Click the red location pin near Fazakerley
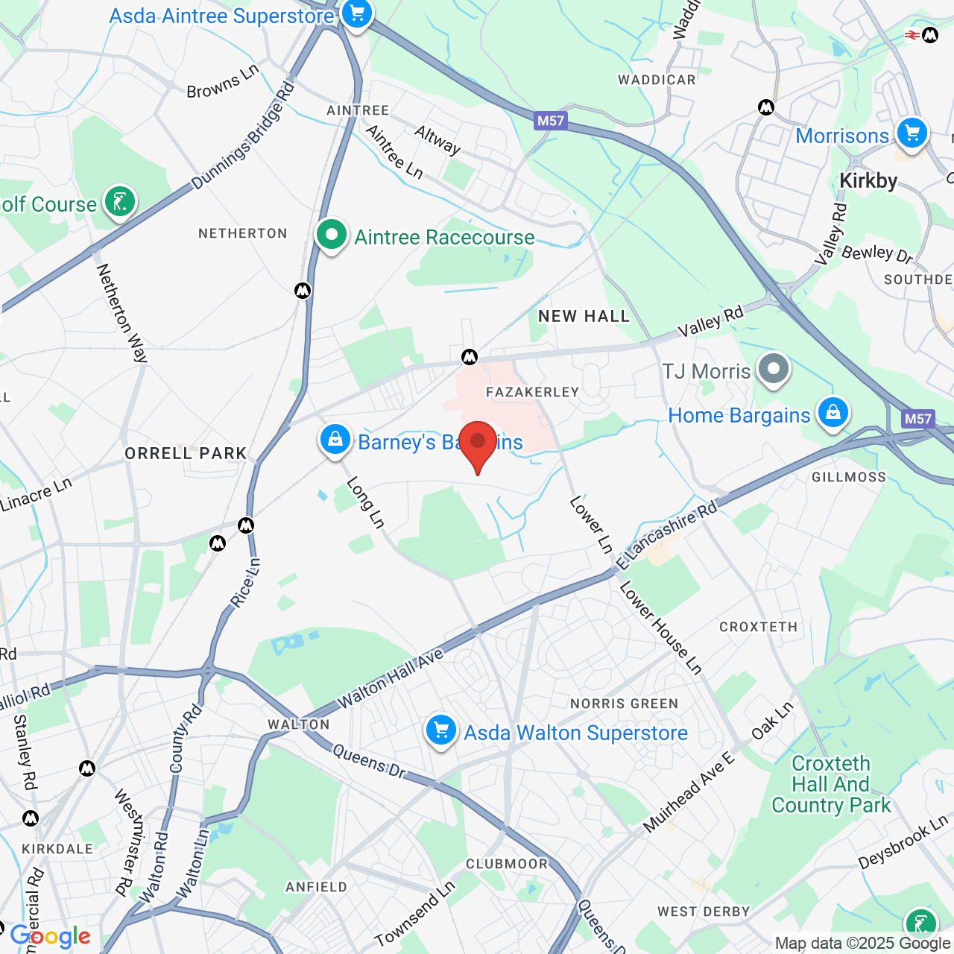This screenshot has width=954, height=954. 478,443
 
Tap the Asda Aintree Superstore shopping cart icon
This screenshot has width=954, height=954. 357,13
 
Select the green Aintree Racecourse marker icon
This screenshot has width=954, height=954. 332,236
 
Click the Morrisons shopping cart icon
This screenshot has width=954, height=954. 912,134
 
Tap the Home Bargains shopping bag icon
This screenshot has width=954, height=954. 833,413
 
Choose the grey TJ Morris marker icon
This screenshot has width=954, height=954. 774,369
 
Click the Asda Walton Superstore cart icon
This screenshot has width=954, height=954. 441,730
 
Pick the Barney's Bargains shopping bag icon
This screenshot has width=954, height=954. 335,440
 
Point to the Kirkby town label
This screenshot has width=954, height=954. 868,181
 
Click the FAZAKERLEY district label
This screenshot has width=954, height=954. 532,392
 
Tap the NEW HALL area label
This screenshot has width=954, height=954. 584,317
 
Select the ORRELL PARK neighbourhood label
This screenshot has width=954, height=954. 186,453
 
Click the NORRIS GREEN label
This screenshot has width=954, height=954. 624,704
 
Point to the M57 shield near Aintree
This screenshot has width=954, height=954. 551,121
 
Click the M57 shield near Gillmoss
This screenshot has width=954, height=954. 917,419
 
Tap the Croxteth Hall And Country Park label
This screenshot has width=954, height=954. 831,784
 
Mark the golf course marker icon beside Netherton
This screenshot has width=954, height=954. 120,201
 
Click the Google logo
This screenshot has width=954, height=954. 51,937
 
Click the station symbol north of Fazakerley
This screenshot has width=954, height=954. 470,357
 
